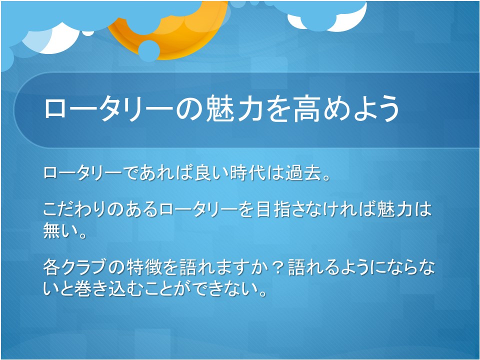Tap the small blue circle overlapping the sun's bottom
[x=149, y=51]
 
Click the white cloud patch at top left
[x=52, y=40]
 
